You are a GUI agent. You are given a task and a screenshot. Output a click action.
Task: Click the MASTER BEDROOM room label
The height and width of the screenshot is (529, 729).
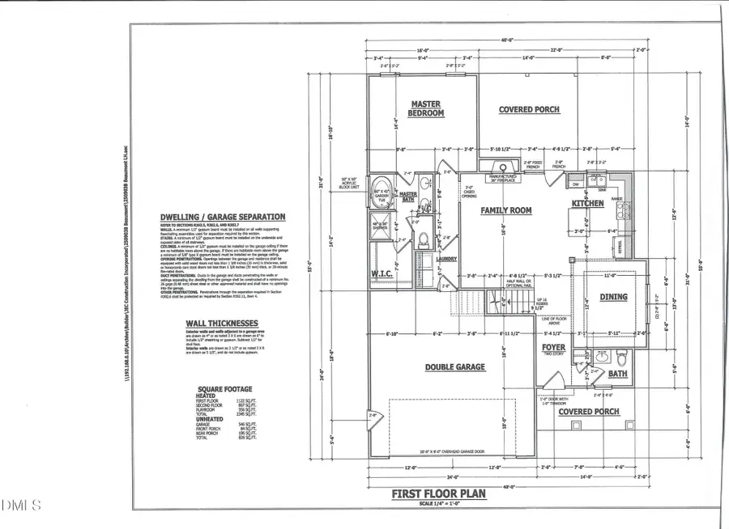[x=425, y=109]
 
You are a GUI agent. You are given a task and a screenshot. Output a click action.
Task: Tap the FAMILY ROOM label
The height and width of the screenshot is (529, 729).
[x=506, y=210]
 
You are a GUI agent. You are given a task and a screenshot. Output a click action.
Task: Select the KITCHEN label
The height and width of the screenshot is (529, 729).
[x=587, y=203]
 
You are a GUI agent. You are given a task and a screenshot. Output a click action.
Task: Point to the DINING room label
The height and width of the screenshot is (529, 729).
[x=613, y=297]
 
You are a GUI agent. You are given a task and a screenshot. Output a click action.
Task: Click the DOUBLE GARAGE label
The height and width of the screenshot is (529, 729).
[x=455, y=367]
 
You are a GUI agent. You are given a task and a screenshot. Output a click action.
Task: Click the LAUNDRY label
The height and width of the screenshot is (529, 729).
[x=446, y=260]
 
